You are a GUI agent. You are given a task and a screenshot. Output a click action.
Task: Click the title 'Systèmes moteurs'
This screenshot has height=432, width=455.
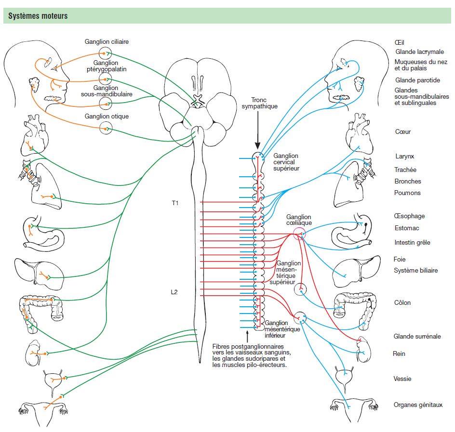pyautogui.click(x=38, y=16)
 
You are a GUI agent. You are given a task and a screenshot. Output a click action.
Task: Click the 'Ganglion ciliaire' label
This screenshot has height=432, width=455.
pyautogui.click(x=107, y=42)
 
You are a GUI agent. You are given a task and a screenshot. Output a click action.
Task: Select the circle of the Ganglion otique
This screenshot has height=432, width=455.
pyautogui.click(x=106, y=128)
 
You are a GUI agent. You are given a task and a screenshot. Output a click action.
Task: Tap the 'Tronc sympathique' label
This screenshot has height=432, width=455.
pyautogui.click(x=258, y=103)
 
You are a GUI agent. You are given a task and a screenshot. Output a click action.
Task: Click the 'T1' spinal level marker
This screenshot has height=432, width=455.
pyautogui.click(x=175, y=203)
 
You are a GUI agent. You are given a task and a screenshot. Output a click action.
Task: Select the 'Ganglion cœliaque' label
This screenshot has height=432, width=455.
pyautogui.click(x=299, y=220)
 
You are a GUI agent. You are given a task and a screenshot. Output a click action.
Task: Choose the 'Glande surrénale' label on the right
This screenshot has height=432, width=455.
pyautogui.click(x=417, y=337)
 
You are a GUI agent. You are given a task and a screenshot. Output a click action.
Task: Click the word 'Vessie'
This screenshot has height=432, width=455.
pyautogui.click(x=402, y=379)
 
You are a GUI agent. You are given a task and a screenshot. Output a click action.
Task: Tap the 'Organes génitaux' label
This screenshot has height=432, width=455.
pyautogui.click(x=418, y=405)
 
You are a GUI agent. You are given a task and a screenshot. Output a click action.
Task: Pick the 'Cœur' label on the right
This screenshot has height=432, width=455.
pyautogui.click(x=402, y=131)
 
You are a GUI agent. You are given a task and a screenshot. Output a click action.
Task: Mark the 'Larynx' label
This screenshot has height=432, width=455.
pyautogui.click(x=404, y=157)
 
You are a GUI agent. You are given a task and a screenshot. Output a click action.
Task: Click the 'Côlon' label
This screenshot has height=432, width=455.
pyautogui.click(x=402, y=303)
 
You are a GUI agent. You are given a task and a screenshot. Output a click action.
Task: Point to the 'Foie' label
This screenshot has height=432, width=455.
pyautogui.click(x=400, y=259)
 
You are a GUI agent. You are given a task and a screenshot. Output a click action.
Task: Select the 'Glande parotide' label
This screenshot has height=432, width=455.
pyautogui.click(x=418, y=80)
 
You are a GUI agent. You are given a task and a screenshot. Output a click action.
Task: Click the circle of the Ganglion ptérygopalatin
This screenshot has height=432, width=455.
pyautogui.click(x=106, y=79)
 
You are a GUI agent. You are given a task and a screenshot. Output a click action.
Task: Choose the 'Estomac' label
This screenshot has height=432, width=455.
pyautogui.click(x=406, y=229)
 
